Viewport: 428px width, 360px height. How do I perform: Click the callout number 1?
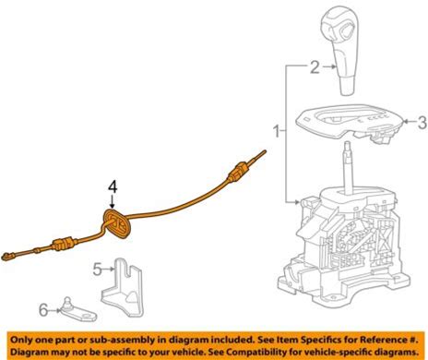point(277,131)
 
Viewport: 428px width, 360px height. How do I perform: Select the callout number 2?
point(315,66)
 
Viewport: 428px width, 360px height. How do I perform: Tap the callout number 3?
point(422,122)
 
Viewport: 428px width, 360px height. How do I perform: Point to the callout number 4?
point(113,187)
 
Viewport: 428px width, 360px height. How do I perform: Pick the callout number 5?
point(97,270)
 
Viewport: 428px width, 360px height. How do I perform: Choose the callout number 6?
point(43,310)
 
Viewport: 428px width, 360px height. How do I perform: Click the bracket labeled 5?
point(123,288)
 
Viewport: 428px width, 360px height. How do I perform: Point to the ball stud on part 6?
point(67,302)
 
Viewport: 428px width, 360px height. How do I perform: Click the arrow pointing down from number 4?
point(113,201)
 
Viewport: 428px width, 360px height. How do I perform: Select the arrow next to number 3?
point(410,122)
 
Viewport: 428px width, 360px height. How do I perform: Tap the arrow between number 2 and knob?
point(328,66)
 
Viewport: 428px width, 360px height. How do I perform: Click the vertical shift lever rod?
point(348,168)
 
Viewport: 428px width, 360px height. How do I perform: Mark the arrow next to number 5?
point(108,270)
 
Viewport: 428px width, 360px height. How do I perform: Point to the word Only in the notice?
point(21,340)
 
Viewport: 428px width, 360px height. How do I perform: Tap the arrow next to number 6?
point(55,310)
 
